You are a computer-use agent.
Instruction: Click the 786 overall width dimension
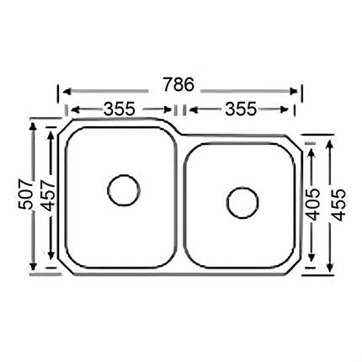(x=178, y=86)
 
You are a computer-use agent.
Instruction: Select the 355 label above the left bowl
(x=121, y=109)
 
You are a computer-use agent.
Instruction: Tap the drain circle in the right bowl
(x=242, y=202)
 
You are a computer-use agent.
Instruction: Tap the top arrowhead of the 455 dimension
(x=328, y=145)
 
